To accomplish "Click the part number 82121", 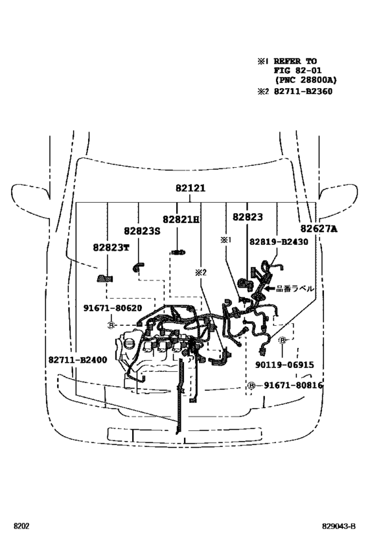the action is tap(191, 188).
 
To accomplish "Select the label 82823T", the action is tap(111, 247).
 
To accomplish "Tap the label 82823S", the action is tap(142, 231).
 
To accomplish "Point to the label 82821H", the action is tap(181, 219).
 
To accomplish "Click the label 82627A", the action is tap(319, 228).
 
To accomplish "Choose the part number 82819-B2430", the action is tap(279, 242).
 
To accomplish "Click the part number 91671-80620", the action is tap(112, 309).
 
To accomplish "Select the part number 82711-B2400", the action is tap(78, 360).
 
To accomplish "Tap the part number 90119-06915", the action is tap(285, 365).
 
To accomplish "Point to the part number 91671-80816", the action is tap(293, 386).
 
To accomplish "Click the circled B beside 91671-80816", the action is tap(251, 386).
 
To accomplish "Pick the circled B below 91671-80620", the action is tap(111, 325).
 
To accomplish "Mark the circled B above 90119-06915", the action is tap(283, 340).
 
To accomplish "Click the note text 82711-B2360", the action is tap(303, 91).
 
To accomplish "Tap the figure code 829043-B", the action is tap(338, 526).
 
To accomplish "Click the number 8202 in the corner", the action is tap(21, 526).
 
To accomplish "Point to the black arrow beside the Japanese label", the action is tap(270, 288).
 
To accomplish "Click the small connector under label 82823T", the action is tap(105, 278).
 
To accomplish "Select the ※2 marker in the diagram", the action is tap(201, 272).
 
